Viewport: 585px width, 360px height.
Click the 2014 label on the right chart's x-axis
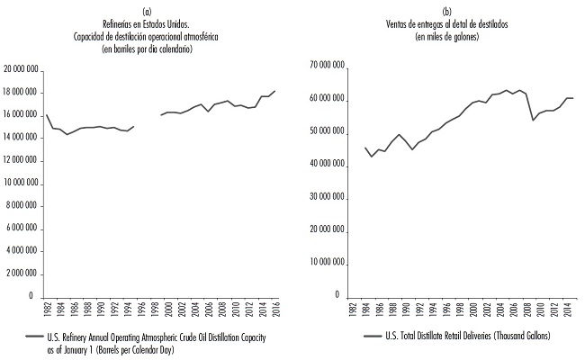pyautogui.click(x=565, y=310)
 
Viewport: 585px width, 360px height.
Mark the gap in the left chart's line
pyautogui.click(x=147, y=121)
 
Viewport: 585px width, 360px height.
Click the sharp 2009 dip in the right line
pyautogui.click(x=533, y=120)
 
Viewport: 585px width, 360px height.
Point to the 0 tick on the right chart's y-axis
pyautogui.click(x=337, y=295)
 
